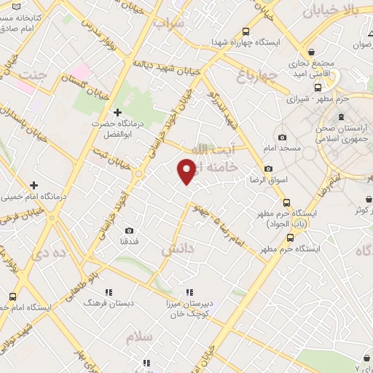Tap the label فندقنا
[128, 240]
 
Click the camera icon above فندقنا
[129, 230]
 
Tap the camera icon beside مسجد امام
[282, 138]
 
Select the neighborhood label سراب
[169, 24]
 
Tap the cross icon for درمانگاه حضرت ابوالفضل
[117, 112]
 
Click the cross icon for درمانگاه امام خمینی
[34, 185]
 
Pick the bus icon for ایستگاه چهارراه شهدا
[247, 31]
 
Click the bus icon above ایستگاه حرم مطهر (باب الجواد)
[286, 203]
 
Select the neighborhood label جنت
[34, 75]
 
